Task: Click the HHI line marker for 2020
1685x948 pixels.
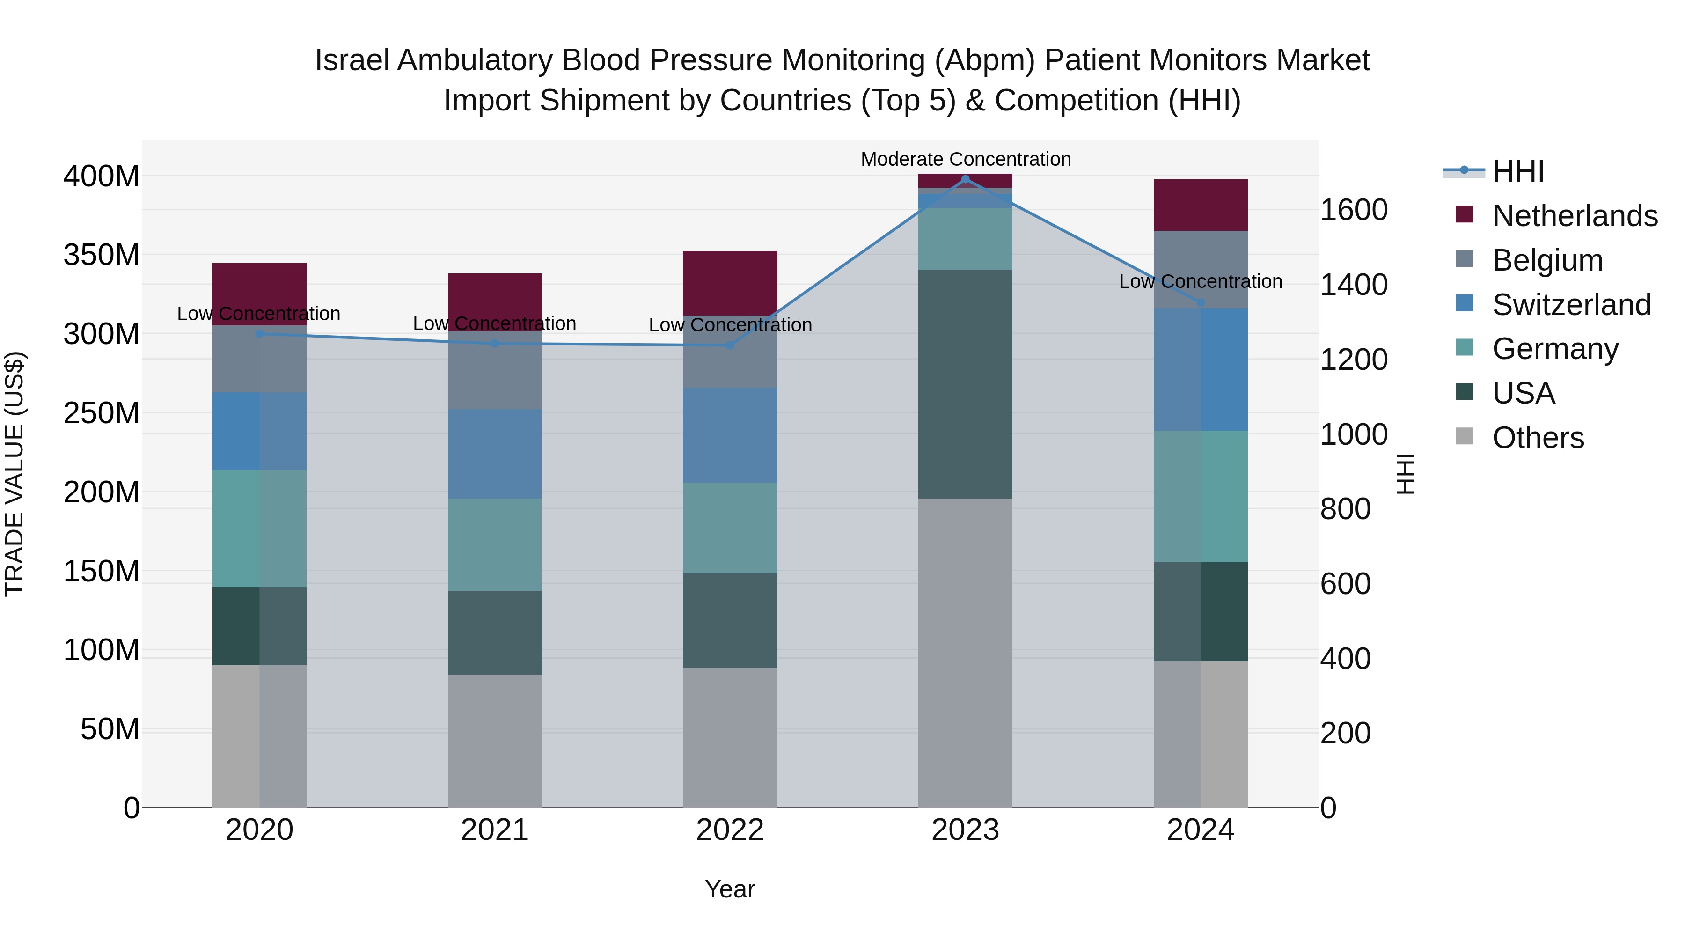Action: tap(260, 334)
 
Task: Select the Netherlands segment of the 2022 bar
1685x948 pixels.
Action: tap(730, 283)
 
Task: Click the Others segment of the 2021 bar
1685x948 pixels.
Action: tap(495, 741)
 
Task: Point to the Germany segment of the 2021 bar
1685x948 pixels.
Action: tap(495, 544)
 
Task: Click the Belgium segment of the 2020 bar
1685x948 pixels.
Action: tap(260, 359)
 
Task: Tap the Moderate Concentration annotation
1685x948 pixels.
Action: tap(966, 159)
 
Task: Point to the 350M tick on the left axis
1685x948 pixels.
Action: tap(102, 255)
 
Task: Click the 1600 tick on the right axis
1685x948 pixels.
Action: tap(1353, 210)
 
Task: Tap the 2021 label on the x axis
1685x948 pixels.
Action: tap(495, 830)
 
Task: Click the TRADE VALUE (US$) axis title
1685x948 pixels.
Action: tap(15, 474)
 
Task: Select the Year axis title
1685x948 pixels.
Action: tap(730, 889)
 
